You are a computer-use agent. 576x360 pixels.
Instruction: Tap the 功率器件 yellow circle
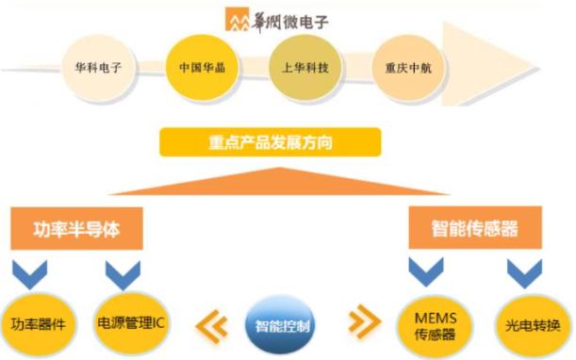(35, 325)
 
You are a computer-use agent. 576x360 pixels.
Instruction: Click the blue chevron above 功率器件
(31, 275)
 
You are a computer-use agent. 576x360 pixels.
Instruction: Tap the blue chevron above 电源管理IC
(123, 274)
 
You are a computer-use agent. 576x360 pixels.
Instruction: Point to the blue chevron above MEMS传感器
(423, 272)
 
